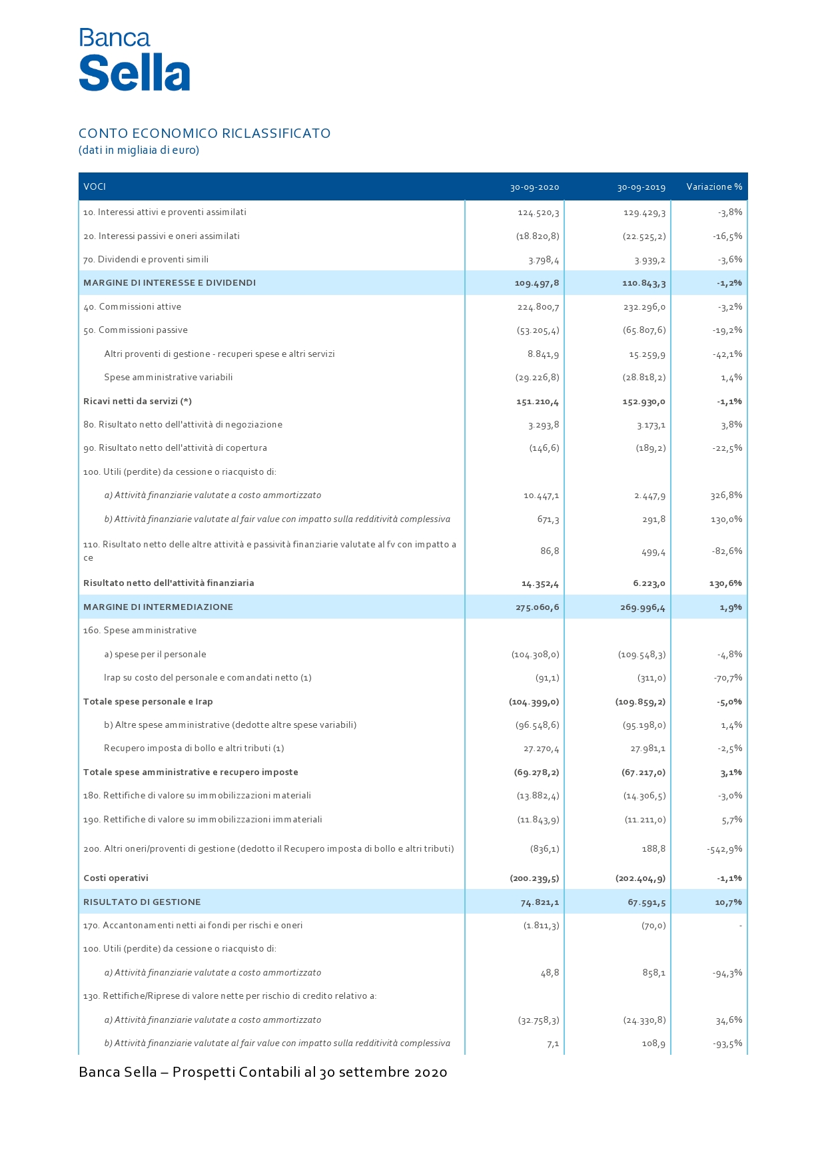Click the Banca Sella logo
[135, 60]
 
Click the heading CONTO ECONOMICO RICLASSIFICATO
[205, 133]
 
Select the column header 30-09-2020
[534, 187]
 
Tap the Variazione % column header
[714, 187]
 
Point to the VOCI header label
[95, 186]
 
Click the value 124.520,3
[538, 212]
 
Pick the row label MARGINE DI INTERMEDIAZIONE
[158, 607]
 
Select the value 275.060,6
[537, 607]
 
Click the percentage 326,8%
[726, 495]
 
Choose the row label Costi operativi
[116, 878]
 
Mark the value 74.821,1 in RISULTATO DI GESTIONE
[540, 902]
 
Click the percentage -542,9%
[725, 849]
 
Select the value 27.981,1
[647, 748]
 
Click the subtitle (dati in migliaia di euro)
[139, 150]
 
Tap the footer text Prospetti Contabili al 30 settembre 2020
[310, 1072]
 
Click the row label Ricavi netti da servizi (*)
[137, 402]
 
